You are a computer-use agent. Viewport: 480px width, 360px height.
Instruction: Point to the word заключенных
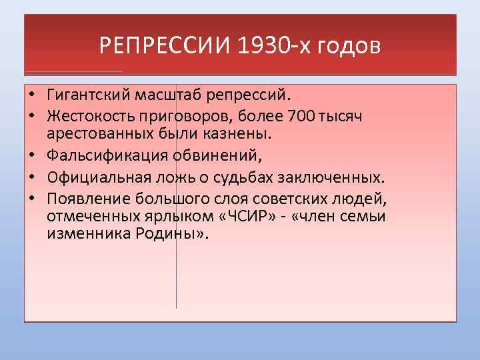(340, 177)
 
